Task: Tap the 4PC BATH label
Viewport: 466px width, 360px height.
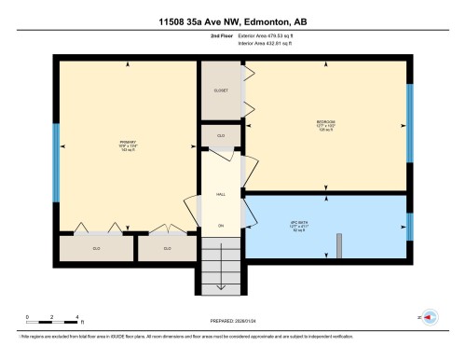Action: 325,223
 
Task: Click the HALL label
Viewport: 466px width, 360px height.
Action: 221,193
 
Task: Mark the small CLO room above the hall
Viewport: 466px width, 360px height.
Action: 221,135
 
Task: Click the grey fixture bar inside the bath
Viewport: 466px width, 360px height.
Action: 341,243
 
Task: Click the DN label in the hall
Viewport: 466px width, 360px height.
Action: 221,226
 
